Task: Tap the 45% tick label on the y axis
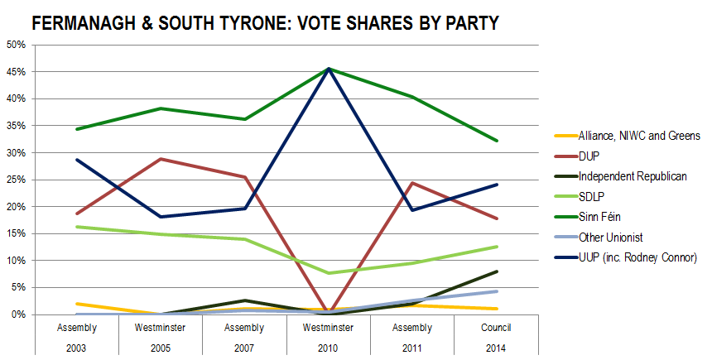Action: (16, 72)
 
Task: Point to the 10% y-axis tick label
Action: (16, 261)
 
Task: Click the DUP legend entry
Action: (577, 156)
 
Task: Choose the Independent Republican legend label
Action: (621, 176)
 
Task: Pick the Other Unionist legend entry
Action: (599, 237)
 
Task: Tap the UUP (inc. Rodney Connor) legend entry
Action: (626, 257)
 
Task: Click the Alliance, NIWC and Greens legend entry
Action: (628, 136)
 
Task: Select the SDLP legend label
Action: (580, 197)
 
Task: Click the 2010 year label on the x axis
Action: (328, 348)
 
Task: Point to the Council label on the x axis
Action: (496, 328)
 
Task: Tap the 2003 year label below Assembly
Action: (76, 348)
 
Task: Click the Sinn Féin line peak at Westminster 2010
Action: (329, 69)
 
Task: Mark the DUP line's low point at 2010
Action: (329, 312)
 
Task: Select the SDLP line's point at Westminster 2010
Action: (329, 273)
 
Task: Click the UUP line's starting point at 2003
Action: (77, 160)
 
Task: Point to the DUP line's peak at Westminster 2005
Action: (161, 159)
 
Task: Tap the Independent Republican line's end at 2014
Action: (497, 271)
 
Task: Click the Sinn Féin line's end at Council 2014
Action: (497, 141)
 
